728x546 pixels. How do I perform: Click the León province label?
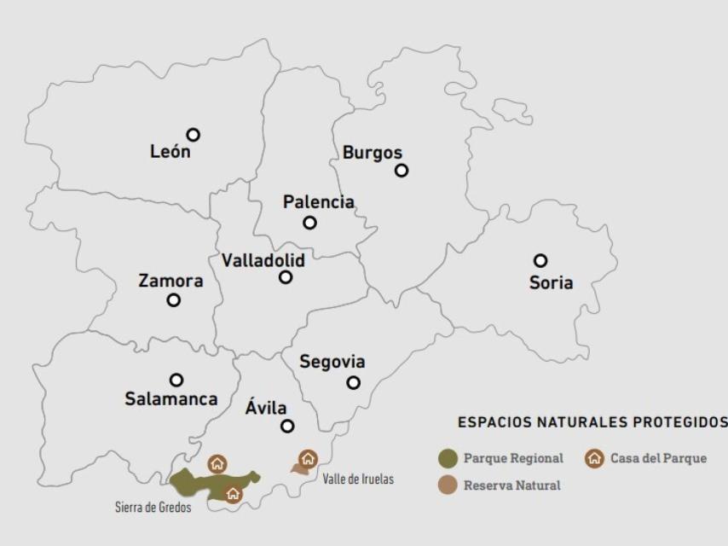pos(170,153)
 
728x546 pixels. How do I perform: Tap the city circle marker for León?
pos(194,135)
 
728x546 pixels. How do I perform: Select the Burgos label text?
pos(372,153)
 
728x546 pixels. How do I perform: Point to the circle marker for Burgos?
pos(402,171)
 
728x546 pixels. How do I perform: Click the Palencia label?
pos(318,202)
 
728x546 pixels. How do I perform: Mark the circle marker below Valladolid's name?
pos(286,277)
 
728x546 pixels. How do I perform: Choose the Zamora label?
pos(170,281)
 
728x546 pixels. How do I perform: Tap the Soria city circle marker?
pos(540,260)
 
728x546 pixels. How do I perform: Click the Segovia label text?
pos(332,362)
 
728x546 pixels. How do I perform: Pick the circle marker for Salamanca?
pos(176,380)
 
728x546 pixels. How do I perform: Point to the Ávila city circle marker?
pos(287,426)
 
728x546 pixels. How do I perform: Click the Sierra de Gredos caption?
pos(153,508)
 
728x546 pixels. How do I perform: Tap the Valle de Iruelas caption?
pos(358,479)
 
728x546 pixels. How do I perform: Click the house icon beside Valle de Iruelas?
pos(309,458)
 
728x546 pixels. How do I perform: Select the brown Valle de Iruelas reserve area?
pos(299,468)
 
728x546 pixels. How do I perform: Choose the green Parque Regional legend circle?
pos(448,458)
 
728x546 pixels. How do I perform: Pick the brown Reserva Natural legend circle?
pos(448,485)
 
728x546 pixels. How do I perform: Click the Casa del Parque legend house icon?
pos(594,458)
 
